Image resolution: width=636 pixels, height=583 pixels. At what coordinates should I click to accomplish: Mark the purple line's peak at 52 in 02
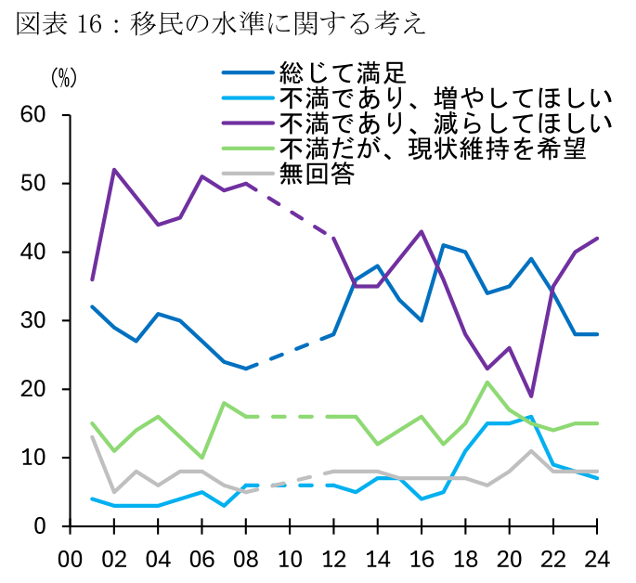pyautogui.click(x=114, y=170)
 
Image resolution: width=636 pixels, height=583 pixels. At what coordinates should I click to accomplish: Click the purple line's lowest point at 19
pyautogui.click(x=529, y=396)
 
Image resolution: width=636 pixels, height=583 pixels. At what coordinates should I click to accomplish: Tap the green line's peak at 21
pyautogui.click(x=486, y=382)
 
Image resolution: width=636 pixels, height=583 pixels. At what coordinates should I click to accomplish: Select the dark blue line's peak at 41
pyautogui.click(x=442, y=245)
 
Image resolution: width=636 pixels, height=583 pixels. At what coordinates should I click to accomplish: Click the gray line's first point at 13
pyautogui.click(x=92, y=437)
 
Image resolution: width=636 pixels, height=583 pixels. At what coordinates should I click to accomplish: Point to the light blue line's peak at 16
pyautogui.click(x=529, y=417)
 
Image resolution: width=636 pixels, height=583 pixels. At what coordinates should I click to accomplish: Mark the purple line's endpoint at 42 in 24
pyautogui.click(x=595, y=239)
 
